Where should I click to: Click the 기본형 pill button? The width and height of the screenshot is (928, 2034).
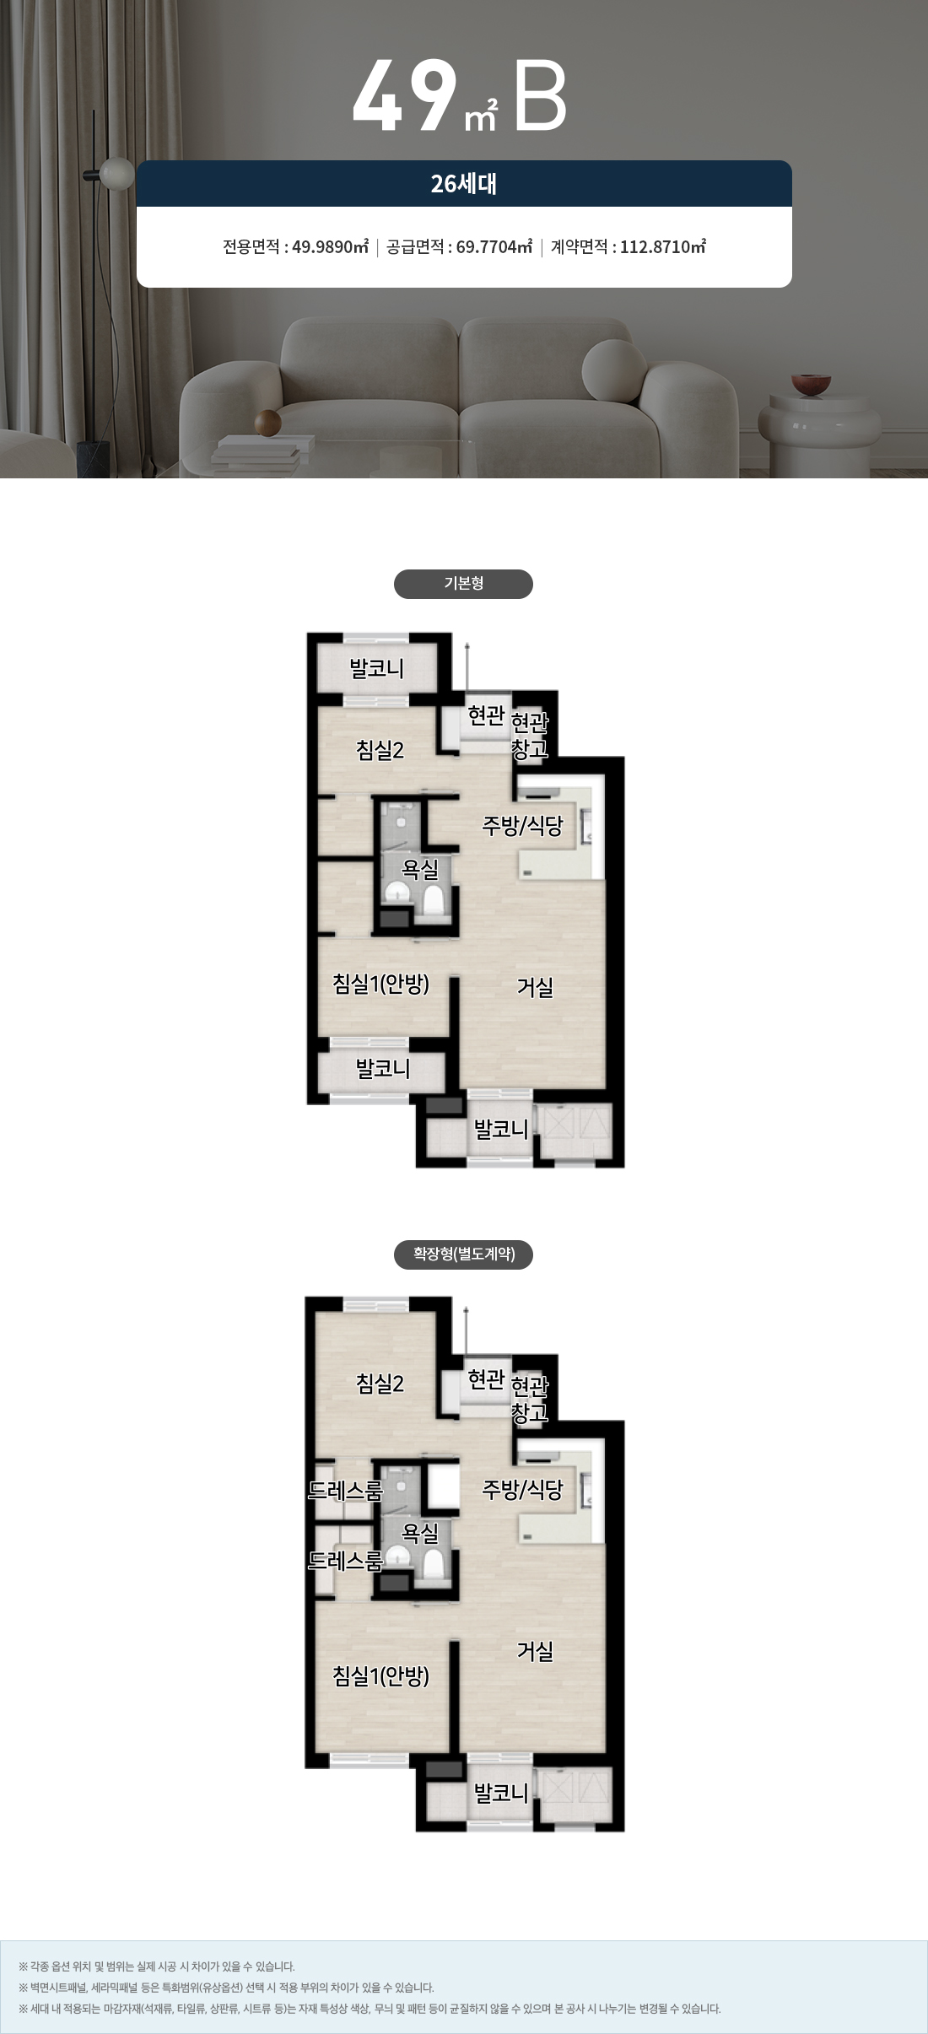pos(463,584)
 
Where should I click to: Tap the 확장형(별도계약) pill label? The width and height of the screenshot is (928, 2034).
pos(463,1254)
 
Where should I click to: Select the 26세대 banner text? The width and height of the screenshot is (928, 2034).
pos(463,183)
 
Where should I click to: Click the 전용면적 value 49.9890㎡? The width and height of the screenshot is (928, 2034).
pos(330,247)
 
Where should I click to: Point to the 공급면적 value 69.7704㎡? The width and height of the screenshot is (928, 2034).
pos(494,247)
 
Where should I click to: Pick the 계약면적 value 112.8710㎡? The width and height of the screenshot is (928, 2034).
pos(663,247)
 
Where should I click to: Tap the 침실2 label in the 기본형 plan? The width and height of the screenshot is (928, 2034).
pos(380,749)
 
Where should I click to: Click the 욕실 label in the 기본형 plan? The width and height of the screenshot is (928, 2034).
pos(420,868)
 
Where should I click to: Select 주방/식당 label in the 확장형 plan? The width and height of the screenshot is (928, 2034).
pos(522,1490)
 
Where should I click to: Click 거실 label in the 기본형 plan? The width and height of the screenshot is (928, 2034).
pos(535,987)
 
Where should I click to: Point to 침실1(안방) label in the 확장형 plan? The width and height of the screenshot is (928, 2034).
pos(381,1675)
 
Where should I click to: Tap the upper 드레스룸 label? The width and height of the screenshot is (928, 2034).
pos(345,1490)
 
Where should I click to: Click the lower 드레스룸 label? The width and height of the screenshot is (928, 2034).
pos(345,1560)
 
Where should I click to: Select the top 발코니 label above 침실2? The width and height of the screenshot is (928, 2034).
pos(377,669)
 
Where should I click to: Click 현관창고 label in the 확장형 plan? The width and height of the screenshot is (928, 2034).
pos(530,1400)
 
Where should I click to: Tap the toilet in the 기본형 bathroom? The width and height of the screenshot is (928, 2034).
pos(434,899)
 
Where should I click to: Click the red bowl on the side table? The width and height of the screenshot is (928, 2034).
pos(811,384)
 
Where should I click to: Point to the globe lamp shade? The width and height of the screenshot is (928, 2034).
pos(117,173)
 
